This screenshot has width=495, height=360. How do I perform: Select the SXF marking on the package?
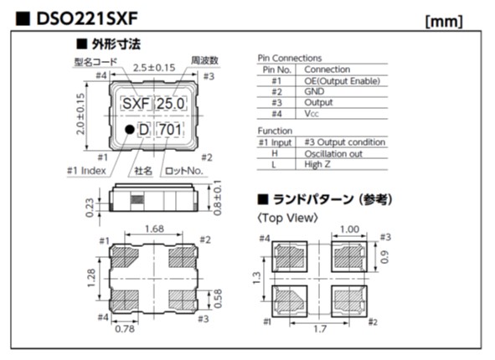[x=135, y=104]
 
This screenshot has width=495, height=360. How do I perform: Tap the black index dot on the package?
[x=128, y=130]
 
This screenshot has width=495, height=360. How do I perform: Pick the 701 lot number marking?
[x=170, y=130]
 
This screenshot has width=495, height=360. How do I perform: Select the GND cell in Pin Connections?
[x=314, y=91]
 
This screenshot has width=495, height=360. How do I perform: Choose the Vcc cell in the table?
[x=312, y=113]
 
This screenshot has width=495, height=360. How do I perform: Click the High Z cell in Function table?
[x=319, y=165]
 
